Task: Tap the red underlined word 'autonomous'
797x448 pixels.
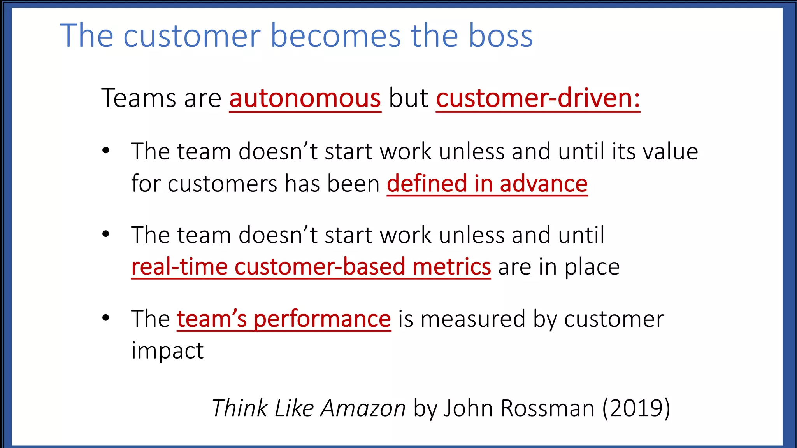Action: point(305,98)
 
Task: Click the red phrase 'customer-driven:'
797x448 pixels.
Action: point(538,98)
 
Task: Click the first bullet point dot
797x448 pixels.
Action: point(106,151)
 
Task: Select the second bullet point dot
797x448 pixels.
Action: point(106,234)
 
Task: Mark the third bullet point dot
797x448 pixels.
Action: point(106,318)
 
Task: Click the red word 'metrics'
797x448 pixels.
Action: point(451,267)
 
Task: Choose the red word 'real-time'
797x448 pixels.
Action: point(179,267)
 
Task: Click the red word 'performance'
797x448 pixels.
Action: point(322,319)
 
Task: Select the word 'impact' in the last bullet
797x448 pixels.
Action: point(167,351)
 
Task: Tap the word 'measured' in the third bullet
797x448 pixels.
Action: point(473,319)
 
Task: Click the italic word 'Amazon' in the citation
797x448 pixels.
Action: point(363,408)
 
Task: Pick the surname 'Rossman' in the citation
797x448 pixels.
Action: point(548,408)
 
